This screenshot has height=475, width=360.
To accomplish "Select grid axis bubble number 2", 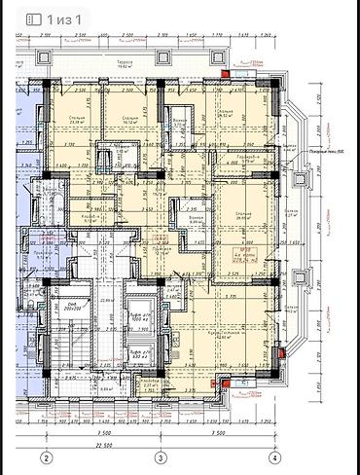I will coord(45,457).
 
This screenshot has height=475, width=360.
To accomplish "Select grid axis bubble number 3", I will coord(158,457).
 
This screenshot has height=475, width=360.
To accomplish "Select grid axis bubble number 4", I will coord(274,457).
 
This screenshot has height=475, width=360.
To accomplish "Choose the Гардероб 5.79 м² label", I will coord(246,159).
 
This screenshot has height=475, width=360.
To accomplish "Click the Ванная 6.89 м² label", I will coord(194,220).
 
